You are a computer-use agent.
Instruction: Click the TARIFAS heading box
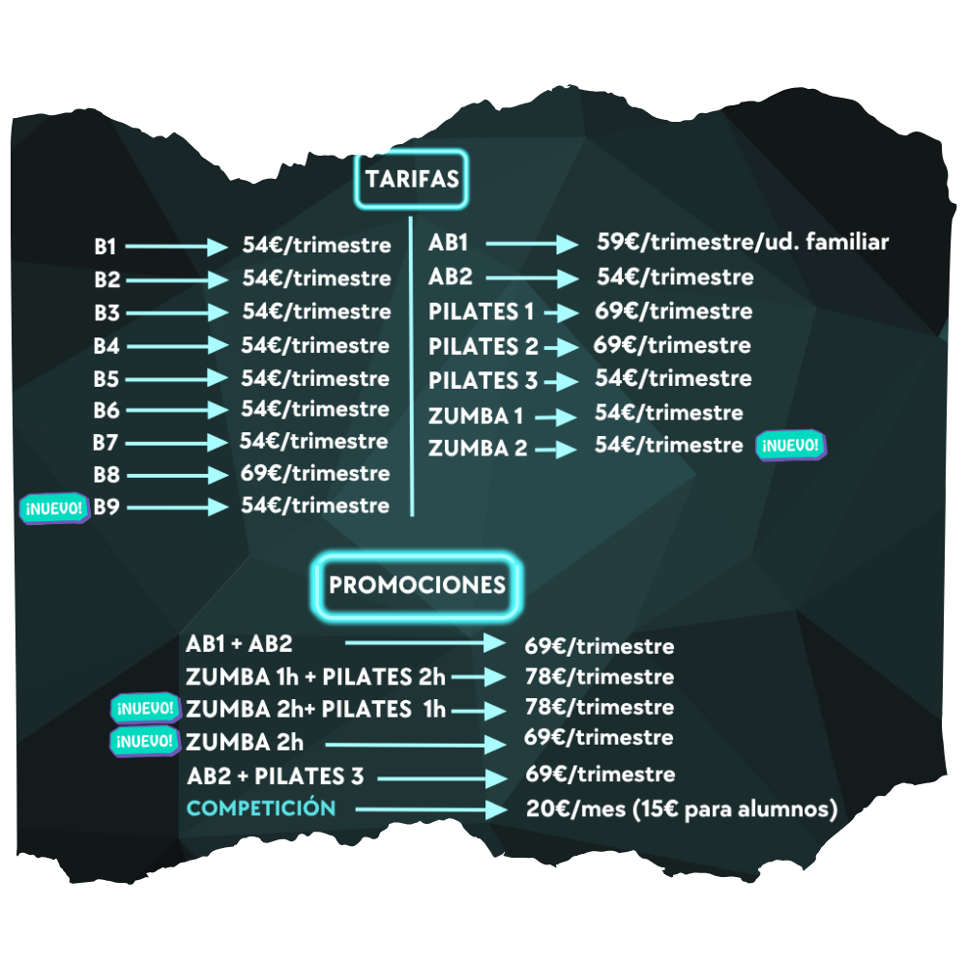(412, 180)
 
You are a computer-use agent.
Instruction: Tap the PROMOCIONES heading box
(417, 585)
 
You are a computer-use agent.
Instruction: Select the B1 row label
(104, 248)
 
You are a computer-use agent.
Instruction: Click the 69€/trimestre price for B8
(315, 474)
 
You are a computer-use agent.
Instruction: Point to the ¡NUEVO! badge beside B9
(54, 508)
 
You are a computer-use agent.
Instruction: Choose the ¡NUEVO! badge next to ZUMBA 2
(792, 446)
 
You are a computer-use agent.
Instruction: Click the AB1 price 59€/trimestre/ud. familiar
(742, 243)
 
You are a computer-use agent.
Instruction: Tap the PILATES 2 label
(483, 347)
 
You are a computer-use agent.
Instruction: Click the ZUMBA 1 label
(477, 417)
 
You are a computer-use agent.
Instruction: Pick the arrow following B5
(175, 379)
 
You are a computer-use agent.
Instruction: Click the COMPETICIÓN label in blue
(261, 808)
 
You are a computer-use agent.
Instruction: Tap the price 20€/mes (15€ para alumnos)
(682, 809)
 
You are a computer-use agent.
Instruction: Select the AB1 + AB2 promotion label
(239, 644)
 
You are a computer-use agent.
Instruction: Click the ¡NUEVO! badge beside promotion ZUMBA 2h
(146, 742)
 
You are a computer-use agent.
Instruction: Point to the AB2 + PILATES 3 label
(267, 776)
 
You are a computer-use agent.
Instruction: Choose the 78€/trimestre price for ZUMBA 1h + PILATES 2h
(600, 677)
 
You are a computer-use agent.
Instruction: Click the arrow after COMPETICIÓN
(430, 810)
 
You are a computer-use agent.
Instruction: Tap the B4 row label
(106, 346)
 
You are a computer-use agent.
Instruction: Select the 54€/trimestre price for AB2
(675, 278)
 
